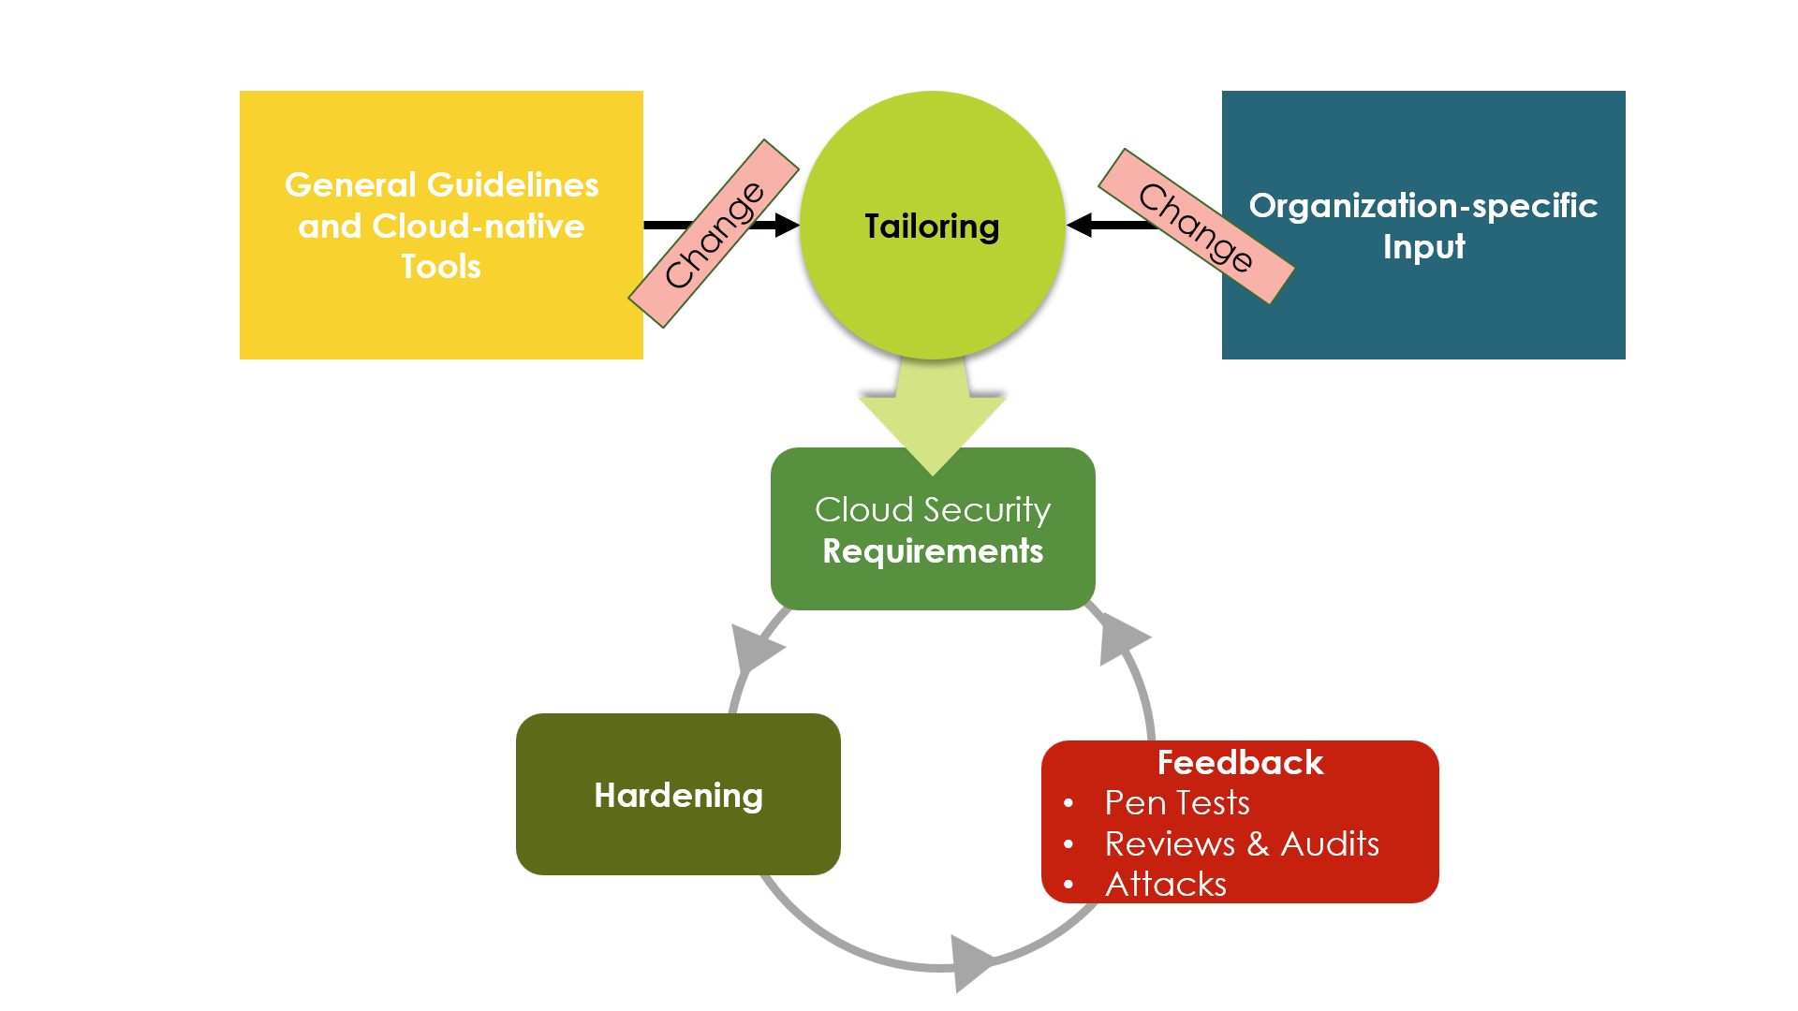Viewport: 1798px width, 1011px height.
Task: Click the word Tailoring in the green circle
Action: point(932,227)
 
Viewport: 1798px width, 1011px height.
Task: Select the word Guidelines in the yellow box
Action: point(512,185)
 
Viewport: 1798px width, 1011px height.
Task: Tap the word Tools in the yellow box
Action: point(441,267)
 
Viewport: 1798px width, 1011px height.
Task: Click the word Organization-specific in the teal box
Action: point(1422,206)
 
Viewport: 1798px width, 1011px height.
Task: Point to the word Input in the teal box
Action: point(1423,247)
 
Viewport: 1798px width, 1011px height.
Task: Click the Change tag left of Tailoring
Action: point(714,234)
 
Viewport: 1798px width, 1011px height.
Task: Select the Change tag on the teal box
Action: point(1196,227)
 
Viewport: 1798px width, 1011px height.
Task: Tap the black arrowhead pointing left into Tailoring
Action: point(1080,226)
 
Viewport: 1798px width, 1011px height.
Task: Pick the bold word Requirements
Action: point(933,551)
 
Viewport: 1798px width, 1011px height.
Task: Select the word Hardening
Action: point(678,796)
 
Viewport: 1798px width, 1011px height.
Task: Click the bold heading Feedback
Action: point(1240,763)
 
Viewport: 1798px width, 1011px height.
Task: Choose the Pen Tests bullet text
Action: point(1177,803)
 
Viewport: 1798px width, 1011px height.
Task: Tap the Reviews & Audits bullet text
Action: point(1242,844)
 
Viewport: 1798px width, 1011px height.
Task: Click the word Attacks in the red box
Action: point(1166,885)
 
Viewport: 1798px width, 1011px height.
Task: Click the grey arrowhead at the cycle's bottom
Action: point(970,962)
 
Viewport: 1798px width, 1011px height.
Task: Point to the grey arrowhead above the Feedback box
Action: point(1120,638)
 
